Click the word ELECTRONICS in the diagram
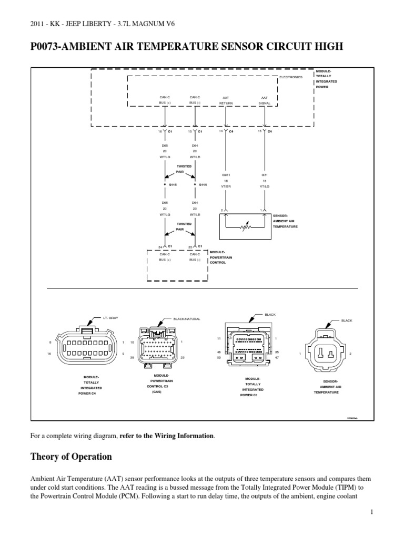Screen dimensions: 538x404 pyautogui.click(x=291, y=77)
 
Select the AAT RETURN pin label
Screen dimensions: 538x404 pyautogui.click(x=226, y=100)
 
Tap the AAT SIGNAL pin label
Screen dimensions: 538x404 pyautogui.click(x=265, y=100)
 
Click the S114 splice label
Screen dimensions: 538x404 pyautogui.click(x=203, y=184)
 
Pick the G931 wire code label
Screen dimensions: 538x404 pyautogui.click(x=226, y=175)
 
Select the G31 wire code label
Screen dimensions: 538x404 pyautogui.click(x=265, y=175)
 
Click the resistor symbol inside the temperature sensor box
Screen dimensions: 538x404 pyautogui.click(x=245, y=228)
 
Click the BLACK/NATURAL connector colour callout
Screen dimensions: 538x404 pyautogui.click(x=187, y=318)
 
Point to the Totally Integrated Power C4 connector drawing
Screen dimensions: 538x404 pyautogui.click(x=87, y=348)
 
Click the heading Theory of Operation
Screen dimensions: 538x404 pyautogui.click(x=72, y=457)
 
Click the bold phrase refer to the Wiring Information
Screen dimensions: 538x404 pyautogui.click(x=167, y=436)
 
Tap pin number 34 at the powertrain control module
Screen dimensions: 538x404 pyautogui.click(x=160, y=247)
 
